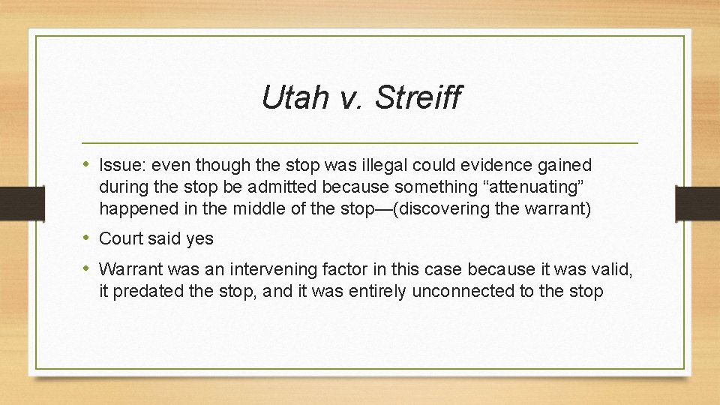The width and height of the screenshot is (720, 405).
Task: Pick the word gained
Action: [x=568, y=165]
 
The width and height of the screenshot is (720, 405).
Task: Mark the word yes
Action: [x=198, y=239]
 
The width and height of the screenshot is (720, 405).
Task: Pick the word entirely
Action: [x=379, y=290]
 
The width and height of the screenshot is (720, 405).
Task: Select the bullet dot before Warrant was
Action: [x=86, y=268]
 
